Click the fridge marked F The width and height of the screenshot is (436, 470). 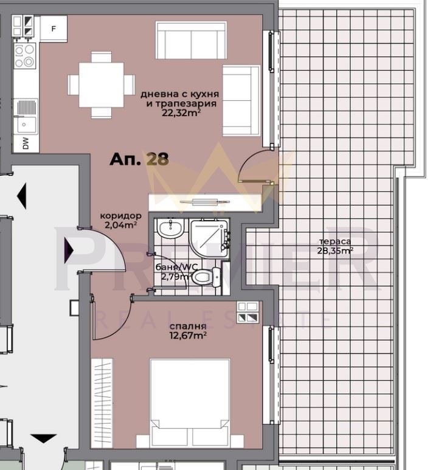53,29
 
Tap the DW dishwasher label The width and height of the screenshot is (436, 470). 26,143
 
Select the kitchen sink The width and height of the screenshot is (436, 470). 26,124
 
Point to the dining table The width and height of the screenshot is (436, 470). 102,85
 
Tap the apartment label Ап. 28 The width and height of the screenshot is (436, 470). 139,159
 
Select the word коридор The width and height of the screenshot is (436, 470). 121,216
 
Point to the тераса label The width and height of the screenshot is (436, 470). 335,241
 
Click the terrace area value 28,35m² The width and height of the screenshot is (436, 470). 335,250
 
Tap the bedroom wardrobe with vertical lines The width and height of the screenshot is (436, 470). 102,404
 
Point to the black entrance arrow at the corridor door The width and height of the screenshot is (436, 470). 69,248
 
